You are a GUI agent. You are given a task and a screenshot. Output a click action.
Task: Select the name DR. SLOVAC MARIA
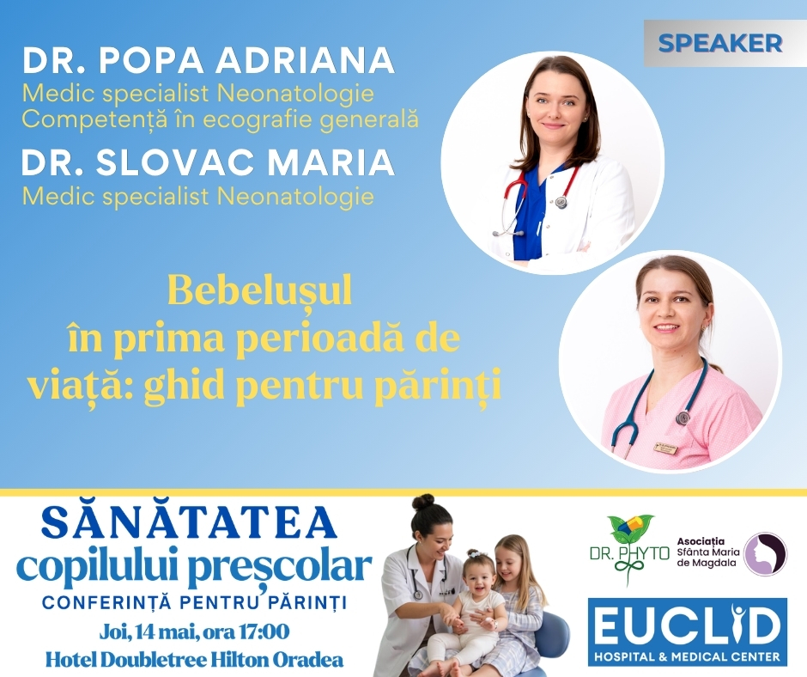(208, 162)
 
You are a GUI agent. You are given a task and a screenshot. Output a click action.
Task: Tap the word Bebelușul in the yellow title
(259, 292)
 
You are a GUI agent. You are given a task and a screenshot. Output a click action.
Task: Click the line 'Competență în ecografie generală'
(220, 119)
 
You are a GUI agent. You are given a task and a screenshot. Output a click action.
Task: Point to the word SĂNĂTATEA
(189, 523)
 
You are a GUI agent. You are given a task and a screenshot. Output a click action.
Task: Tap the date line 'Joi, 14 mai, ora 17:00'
(194, 631)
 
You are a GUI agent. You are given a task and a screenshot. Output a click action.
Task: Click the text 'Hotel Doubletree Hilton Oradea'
(194, 660)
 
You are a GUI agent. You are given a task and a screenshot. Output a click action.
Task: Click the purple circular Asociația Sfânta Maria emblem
(764, 554)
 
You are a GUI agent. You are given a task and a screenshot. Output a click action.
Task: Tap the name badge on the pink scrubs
(665, 448)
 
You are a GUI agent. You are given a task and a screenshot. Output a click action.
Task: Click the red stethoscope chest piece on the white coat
(561, 202)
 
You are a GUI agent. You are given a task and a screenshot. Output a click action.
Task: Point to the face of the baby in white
(479, 577)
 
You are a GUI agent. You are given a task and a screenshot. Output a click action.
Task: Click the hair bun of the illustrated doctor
(423, 502)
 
